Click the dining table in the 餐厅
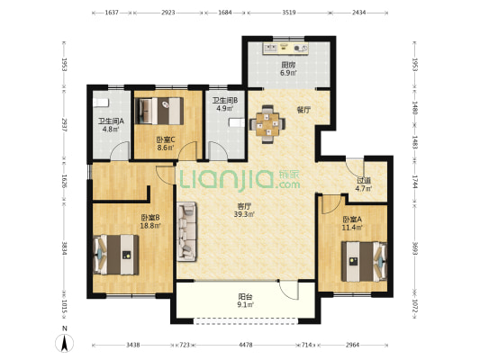pos(267,124)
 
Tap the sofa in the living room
pos(186,231)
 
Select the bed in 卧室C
pos(159,111)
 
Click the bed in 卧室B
pos(116,255)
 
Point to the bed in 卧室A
pos(365,262)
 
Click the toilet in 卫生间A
pos(101,103)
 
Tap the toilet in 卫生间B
pos(237,122)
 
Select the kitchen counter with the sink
pos(285,49)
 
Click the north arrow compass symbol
pos(64,343)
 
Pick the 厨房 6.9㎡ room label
pos(289,68)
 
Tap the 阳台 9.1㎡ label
pos(246,301)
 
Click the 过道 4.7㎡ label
pos(364,184)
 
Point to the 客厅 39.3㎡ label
pos(244,211)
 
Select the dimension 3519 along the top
pos(289,13)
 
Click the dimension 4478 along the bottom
pos(246,345)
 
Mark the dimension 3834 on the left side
pos(64,248)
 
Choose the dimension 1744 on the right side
pos(414,182)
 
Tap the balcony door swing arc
pos(288,291)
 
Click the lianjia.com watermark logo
pos(240,179)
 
